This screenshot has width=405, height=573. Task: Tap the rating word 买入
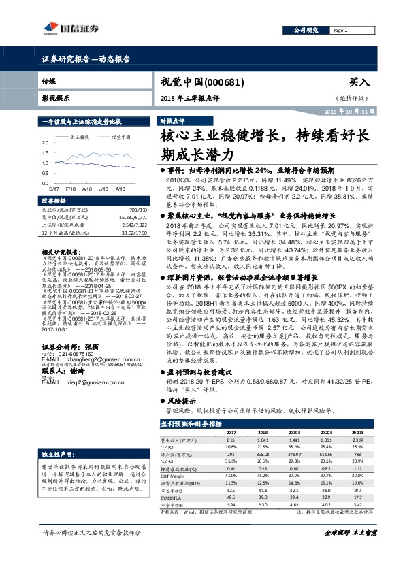[x=359, y=82]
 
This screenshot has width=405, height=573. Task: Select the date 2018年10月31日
[x=347, y=111]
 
